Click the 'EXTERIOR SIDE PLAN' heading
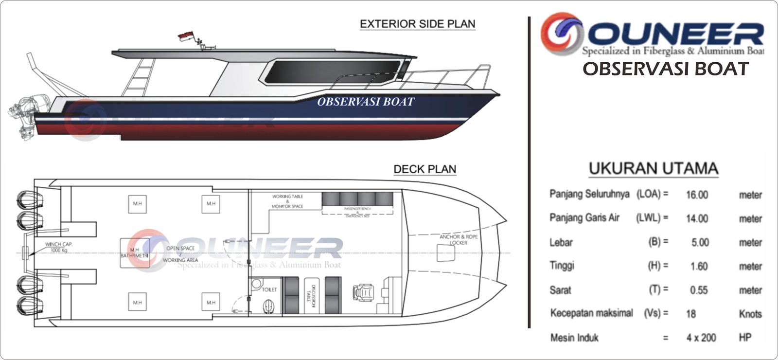(417, 24)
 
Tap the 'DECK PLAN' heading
(424, 169)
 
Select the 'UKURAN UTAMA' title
(653, 168)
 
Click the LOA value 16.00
(697, 195)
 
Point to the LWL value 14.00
(697, 219)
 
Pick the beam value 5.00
(700, 243)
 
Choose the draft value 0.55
(699, 290)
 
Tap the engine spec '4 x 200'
(701, 338)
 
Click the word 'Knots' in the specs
(750, 314)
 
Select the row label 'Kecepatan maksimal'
(591, 313)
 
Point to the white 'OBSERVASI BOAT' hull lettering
(366, 102)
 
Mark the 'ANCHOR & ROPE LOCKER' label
(458, 239)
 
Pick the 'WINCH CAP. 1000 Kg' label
(59, 247)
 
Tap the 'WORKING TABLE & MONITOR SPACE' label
(287, 201)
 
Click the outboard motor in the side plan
(24, 114)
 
